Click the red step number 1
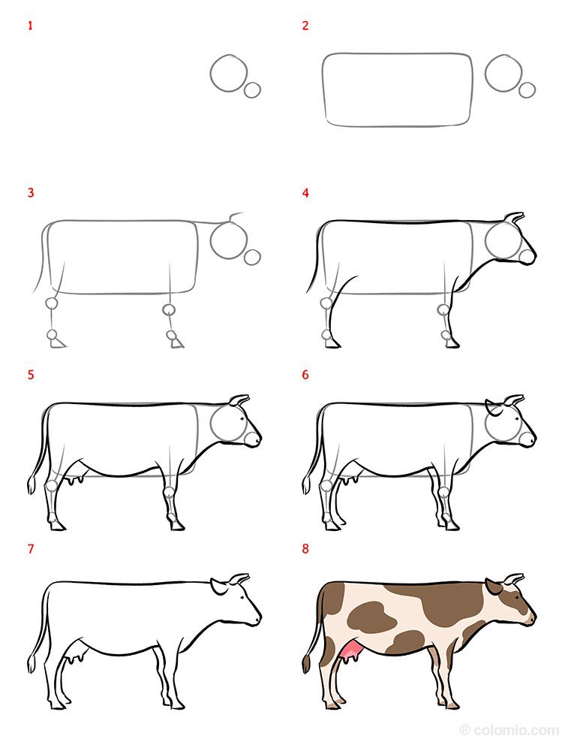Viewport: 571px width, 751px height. (31, 26)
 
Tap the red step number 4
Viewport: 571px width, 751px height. (305, 193)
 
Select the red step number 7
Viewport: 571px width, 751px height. (31, 549)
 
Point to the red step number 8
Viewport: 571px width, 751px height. (305, 549)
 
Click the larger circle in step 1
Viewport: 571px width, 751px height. (229, 73)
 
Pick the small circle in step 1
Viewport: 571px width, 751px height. (253, 89)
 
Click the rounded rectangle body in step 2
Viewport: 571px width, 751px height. (398, 89)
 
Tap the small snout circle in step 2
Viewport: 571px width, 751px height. (527, 89)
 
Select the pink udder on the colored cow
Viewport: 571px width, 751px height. (349, 651)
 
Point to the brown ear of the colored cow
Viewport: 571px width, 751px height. (494, 587)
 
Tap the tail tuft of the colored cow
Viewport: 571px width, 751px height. (306, 664)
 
